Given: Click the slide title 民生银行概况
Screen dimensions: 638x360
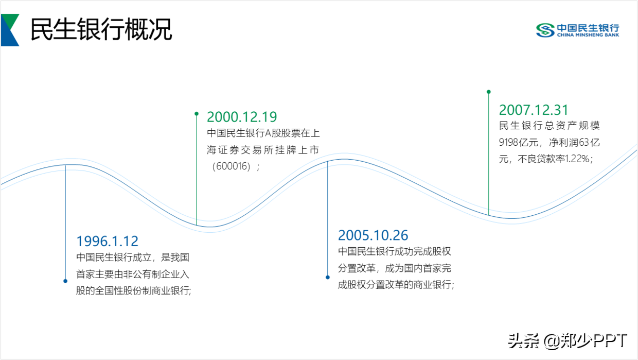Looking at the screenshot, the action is pyautogui.click(x=101, y=29).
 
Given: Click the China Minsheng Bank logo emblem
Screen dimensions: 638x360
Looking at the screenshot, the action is pyautogui.click(x=545, y=30).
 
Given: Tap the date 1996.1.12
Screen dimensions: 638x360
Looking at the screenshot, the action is pyautogui.click(x=108, y=241).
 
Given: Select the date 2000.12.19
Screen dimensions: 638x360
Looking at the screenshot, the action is pyautogui.click(x=242, y=117).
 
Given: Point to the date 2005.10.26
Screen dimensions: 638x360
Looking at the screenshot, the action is pyautogui.click(x=373, y=235).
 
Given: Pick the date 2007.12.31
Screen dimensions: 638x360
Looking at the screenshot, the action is pyautogui.click(x=534, y=110).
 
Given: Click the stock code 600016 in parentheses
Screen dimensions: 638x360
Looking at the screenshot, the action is pyautogui.click(x=233, y=166).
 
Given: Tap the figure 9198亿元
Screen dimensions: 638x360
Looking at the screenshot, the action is pyautogui.click(x=519, y=142).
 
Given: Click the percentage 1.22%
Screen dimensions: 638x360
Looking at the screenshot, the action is pyautogui.click(x=577, y=159).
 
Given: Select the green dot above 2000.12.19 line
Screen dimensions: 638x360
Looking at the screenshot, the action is pyautogui.click(x=197, y=114).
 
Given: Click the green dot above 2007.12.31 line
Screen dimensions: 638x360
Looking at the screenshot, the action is pyautogui.click(x=489, y=92).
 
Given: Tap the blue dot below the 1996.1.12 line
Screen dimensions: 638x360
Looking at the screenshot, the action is pyautogui.click(x=65, y=281).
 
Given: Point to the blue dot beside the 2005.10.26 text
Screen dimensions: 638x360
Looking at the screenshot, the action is pyautogui.click(x=328, y=278).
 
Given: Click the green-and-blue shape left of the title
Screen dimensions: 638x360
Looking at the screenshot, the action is pyautogui.click(x=10, y=30).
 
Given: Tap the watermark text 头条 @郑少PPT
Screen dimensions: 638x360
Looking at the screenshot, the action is pyautogui.click(x=568, y=341).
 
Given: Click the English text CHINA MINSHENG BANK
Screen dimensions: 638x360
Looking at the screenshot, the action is pyautogui.click(x=588, y=35).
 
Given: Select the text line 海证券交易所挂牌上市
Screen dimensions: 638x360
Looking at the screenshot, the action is pyautogui.click(x=263, y=150).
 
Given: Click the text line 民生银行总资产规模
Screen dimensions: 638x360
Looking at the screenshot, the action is pyautogui.click(x=550, y=126).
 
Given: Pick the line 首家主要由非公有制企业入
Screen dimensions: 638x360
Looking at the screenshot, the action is pyautogui.click(x=133, y=275).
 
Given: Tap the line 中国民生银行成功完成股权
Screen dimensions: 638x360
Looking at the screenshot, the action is pyautogui.click(x=395, y=252).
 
